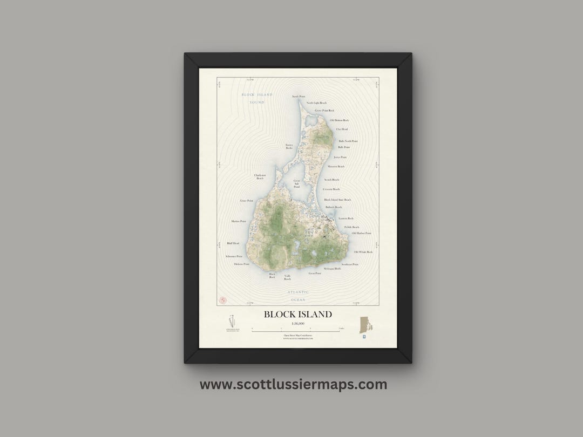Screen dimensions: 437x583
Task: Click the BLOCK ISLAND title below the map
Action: coord(297,314)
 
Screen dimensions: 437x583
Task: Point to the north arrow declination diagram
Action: coord(233,320)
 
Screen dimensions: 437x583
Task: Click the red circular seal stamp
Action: coord(221,300)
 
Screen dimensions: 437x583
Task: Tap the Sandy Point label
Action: coord(299,97)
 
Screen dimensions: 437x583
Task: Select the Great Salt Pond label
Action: coord(296,184)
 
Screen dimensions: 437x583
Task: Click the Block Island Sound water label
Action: coord(257,98)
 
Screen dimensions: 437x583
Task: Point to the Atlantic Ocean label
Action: coord(298,295)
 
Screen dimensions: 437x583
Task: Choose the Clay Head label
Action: coord(342,129)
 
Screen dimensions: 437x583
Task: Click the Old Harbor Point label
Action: coord(361,234)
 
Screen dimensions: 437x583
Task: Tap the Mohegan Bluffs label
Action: coord(333,268)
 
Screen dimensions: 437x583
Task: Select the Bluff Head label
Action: coord(233,243)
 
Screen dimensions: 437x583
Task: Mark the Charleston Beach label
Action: coord(260,176)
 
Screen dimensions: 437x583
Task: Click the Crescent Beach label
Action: coord(331,189)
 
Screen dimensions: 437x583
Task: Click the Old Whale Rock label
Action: coord(363,252)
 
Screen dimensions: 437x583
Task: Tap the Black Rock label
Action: coord(272,276)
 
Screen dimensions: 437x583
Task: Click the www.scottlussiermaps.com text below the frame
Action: coord(293,385)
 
